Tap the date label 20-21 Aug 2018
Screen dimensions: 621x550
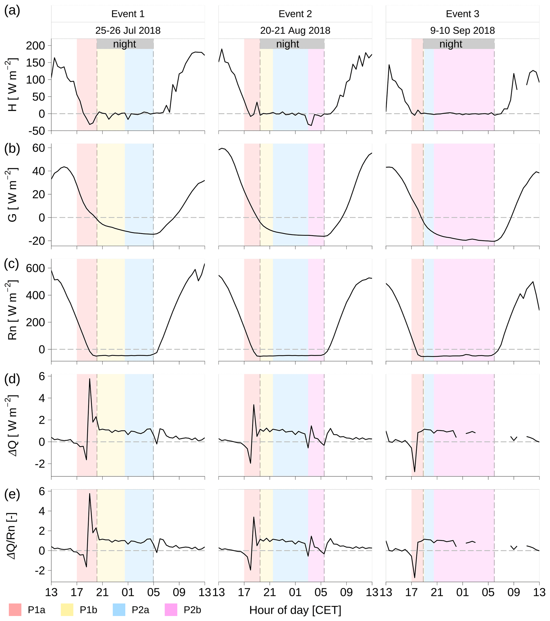click(295, 30)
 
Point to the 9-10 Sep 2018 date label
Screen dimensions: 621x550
click(462, 30)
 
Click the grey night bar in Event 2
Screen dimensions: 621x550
click(292, 44)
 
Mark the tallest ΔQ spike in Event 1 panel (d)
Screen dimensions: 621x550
click(90, 379)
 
